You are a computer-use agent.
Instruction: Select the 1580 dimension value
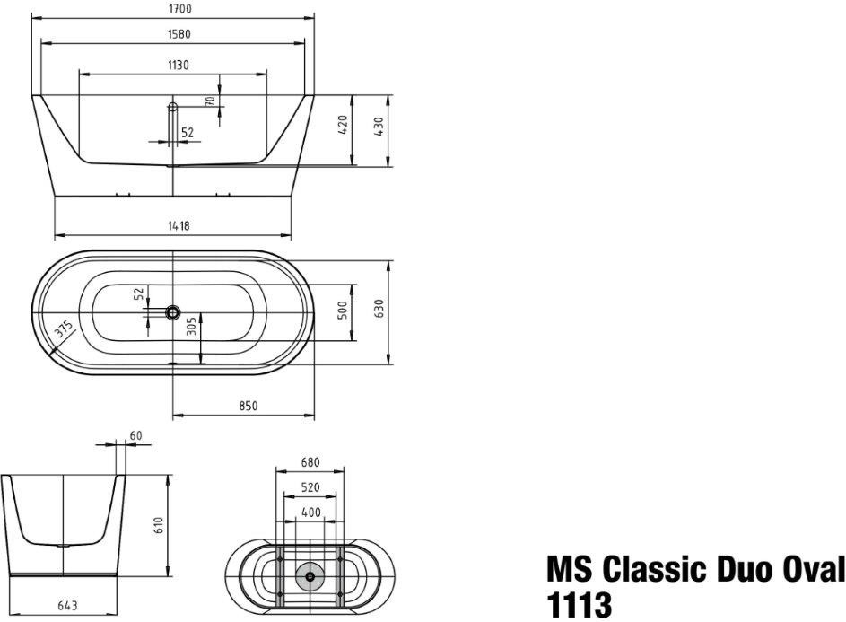(x=178, y=34)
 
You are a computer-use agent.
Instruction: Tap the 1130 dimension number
(x=178, y=66)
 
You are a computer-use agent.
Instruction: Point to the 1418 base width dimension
(x=178, y=226)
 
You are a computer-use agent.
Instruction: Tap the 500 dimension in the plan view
(x=342, y=311)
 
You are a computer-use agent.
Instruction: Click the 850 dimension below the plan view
(x=249, y=406)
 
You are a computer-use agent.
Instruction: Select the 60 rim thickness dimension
(x=135, y=435)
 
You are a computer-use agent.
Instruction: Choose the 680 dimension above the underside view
(x=310, y=463)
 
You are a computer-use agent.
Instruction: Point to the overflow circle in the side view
(x=173, y=108)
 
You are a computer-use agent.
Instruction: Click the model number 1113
(x=579, y=605)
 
